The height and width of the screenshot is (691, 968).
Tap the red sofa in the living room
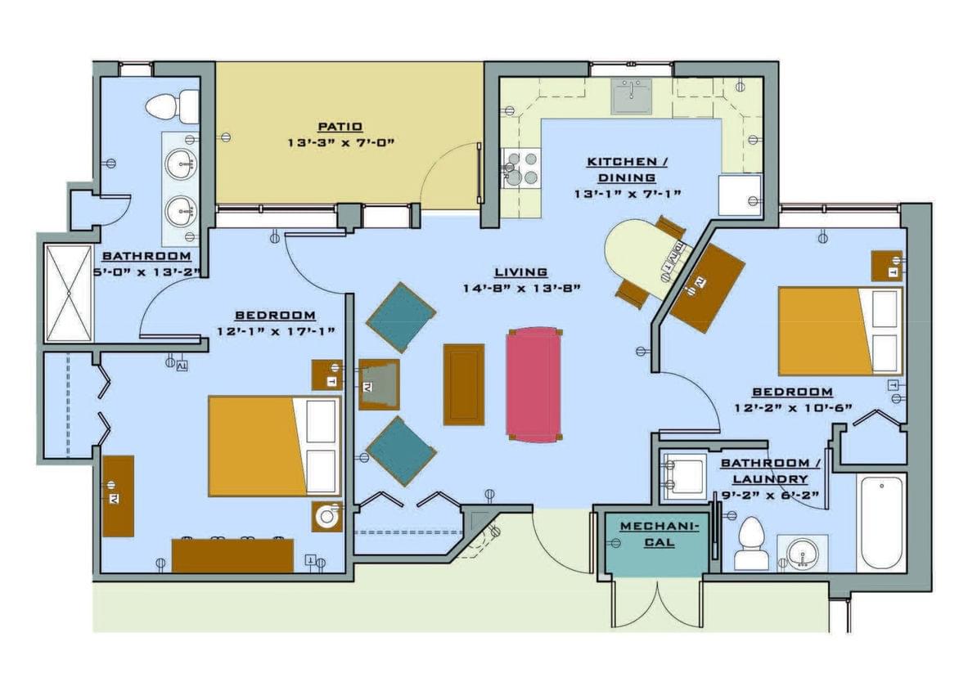[x=533, y=384]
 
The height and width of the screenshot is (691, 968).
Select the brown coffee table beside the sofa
[x=463, y=384]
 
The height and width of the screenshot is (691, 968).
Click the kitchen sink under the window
[x=631, y=96]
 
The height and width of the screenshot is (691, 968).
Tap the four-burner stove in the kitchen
[x=521, y=168]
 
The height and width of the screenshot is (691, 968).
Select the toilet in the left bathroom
[x=173, y=106]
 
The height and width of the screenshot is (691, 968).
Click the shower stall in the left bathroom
[x=69, y=293]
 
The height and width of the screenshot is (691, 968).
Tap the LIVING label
[x=520, y=272]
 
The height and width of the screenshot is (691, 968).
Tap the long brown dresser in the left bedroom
[x=232, y=555]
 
